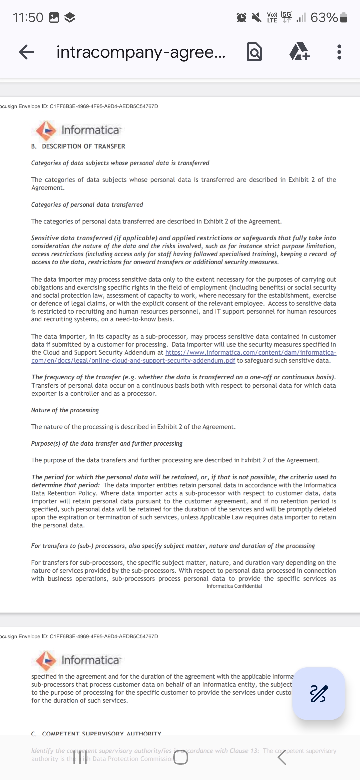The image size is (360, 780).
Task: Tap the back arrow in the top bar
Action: [27, 52]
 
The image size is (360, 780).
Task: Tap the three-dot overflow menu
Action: [339, 52]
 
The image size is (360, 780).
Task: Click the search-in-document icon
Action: [254, 52]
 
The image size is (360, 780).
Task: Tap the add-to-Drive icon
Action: [300, 52]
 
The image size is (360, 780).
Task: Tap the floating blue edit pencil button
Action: [319, 693]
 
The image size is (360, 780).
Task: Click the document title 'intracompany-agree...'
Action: [141, 52]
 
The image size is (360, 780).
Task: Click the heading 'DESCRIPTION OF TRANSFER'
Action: [83, 146]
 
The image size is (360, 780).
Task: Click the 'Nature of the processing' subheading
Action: [65, 410]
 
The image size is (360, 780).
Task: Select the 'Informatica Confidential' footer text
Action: [234, 586]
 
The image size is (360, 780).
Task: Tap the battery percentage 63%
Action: [324, 17]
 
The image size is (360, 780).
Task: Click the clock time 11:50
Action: [28, 17]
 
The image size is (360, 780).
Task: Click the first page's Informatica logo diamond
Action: [46, 130]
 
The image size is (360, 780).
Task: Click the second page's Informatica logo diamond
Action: [46, 660]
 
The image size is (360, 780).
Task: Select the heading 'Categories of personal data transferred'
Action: [87, 205]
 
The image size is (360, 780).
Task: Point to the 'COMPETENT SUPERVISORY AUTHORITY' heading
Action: [101, 734]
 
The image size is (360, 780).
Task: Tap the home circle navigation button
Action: [181, 759]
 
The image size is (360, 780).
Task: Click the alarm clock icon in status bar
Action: [241, 17]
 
